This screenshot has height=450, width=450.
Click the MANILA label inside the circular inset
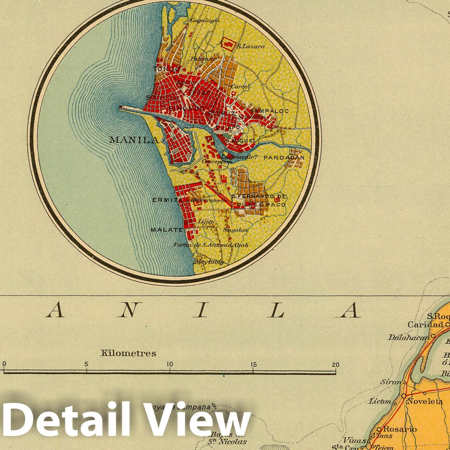pos(134,140)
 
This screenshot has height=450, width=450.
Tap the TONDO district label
pos(166,69)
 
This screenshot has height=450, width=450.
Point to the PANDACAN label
pos(284,157)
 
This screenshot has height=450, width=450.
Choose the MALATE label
pos(166,230)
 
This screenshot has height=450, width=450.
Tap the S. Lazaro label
pos(250,46)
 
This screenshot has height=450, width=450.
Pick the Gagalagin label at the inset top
pos(205,20)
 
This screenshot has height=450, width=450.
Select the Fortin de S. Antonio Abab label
pos(210,245)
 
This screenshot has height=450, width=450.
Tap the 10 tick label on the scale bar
pos(170,364)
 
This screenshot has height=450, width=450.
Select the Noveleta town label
pos(425,401)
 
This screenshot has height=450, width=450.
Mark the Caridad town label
pos(425,325)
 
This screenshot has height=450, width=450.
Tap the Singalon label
pos(235,230)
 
